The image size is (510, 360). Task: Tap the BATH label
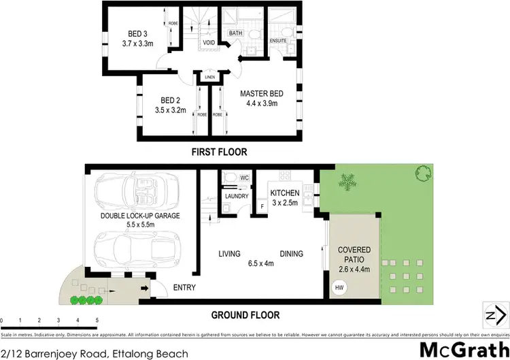click(235, 33)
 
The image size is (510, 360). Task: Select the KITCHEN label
click(284, 193)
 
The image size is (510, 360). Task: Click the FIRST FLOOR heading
click(219, 152)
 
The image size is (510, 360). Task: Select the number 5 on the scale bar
click(97, 320)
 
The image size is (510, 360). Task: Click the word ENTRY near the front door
click(184, 288)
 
